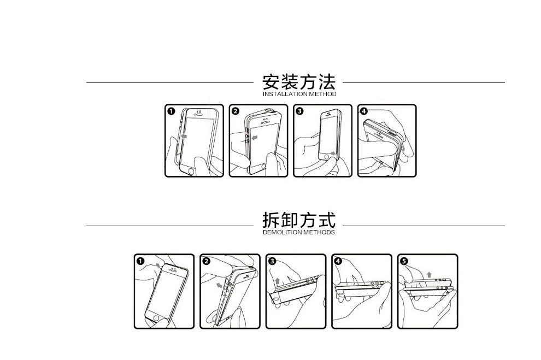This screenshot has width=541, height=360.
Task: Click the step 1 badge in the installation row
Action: pos(171,111)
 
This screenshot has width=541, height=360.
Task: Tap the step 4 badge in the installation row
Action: pos(364,111)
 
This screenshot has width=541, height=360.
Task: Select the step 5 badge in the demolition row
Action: pos(404,261)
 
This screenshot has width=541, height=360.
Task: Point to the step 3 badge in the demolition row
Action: pos(272,261)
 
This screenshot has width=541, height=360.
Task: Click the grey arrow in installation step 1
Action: pos(185,133)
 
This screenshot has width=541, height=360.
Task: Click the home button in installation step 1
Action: pos(191,170)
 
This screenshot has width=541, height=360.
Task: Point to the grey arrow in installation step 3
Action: pos(333,154)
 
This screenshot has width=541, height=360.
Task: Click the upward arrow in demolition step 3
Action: pos(278,281)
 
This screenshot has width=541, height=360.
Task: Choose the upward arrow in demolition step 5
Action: pos(429,274)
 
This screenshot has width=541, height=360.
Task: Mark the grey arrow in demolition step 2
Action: pos(219,285)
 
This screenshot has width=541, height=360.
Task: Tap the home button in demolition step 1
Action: pos(157,317)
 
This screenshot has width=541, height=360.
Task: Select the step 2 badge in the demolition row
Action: pos(206,261)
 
